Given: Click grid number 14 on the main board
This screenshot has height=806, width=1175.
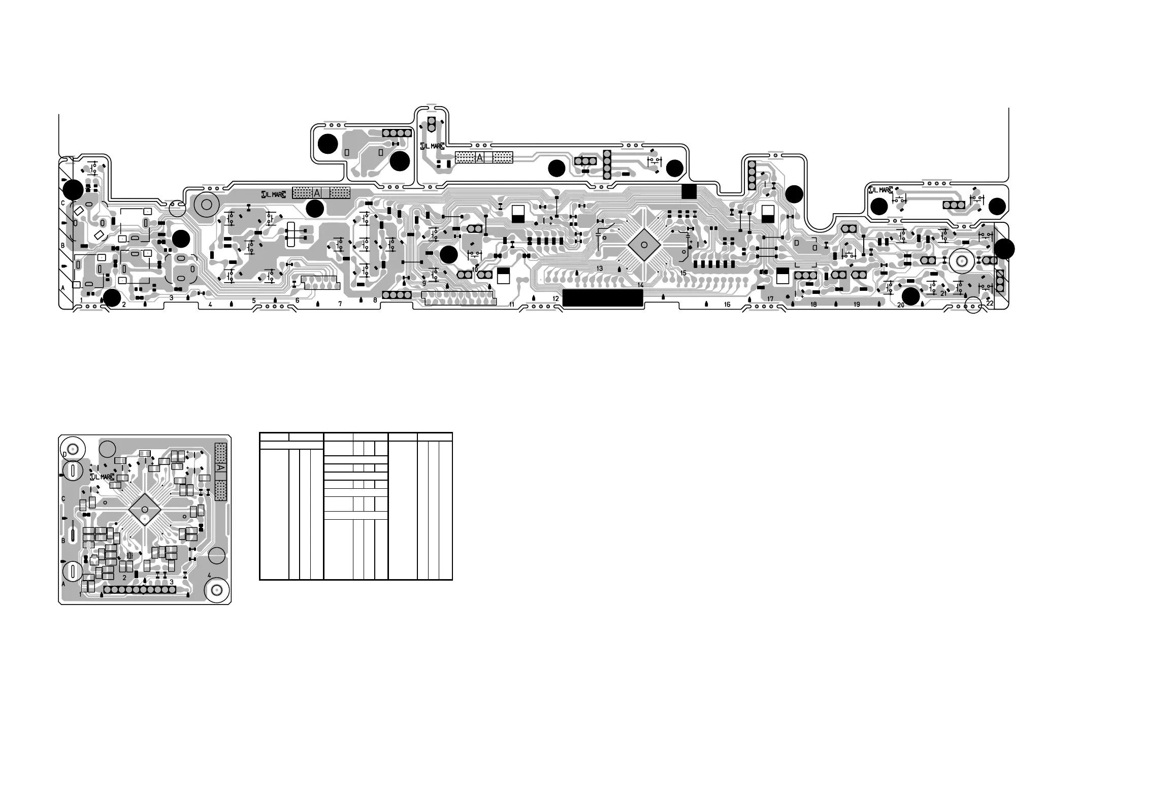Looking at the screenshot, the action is [x=640, y=285].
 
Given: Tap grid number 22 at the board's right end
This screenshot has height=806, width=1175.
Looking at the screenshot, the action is [x=990, y=303].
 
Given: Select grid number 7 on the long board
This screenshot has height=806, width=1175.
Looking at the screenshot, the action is [x=340, y=304].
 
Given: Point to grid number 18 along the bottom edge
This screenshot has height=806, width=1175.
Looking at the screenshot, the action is [x=813, y=305].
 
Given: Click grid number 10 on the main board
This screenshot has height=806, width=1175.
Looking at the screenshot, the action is [x=475, y=270].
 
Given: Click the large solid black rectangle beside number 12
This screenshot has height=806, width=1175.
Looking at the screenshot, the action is [x=603, y=298].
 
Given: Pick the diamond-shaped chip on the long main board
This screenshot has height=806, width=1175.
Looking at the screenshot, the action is [x=644, y=245].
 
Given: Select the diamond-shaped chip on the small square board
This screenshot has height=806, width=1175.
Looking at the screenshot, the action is [x=145, y=509].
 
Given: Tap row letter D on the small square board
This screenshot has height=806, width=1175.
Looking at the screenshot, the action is [x=64, y=453].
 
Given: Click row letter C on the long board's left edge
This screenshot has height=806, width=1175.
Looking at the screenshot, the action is [x=63, y=203].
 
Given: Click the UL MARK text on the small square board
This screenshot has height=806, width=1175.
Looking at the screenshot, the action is [x=102, y=477].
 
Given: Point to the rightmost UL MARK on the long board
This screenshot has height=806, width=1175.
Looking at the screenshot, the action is [x=880, y=190].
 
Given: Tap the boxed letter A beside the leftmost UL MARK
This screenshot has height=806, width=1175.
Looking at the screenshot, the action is [x=317, y=193].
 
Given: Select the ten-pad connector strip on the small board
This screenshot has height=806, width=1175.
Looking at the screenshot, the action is [x=140, y=590].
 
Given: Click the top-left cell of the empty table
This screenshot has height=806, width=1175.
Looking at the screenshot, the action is [x=274, y=436].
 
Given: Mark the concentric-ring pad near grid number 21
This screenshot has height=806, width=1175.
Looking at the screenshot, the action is [x=961, y=261].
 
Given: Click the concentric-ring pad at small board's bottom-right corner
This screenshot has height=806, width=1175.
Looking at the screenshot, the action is [x=216, y=590].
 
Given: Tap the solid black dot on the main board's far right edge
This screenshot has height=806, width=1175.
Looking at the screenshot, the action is [x=1003, y=249].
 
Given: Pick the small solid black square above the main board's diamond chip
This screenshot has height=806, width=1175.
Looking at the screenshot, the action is [x=689, y=191].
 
